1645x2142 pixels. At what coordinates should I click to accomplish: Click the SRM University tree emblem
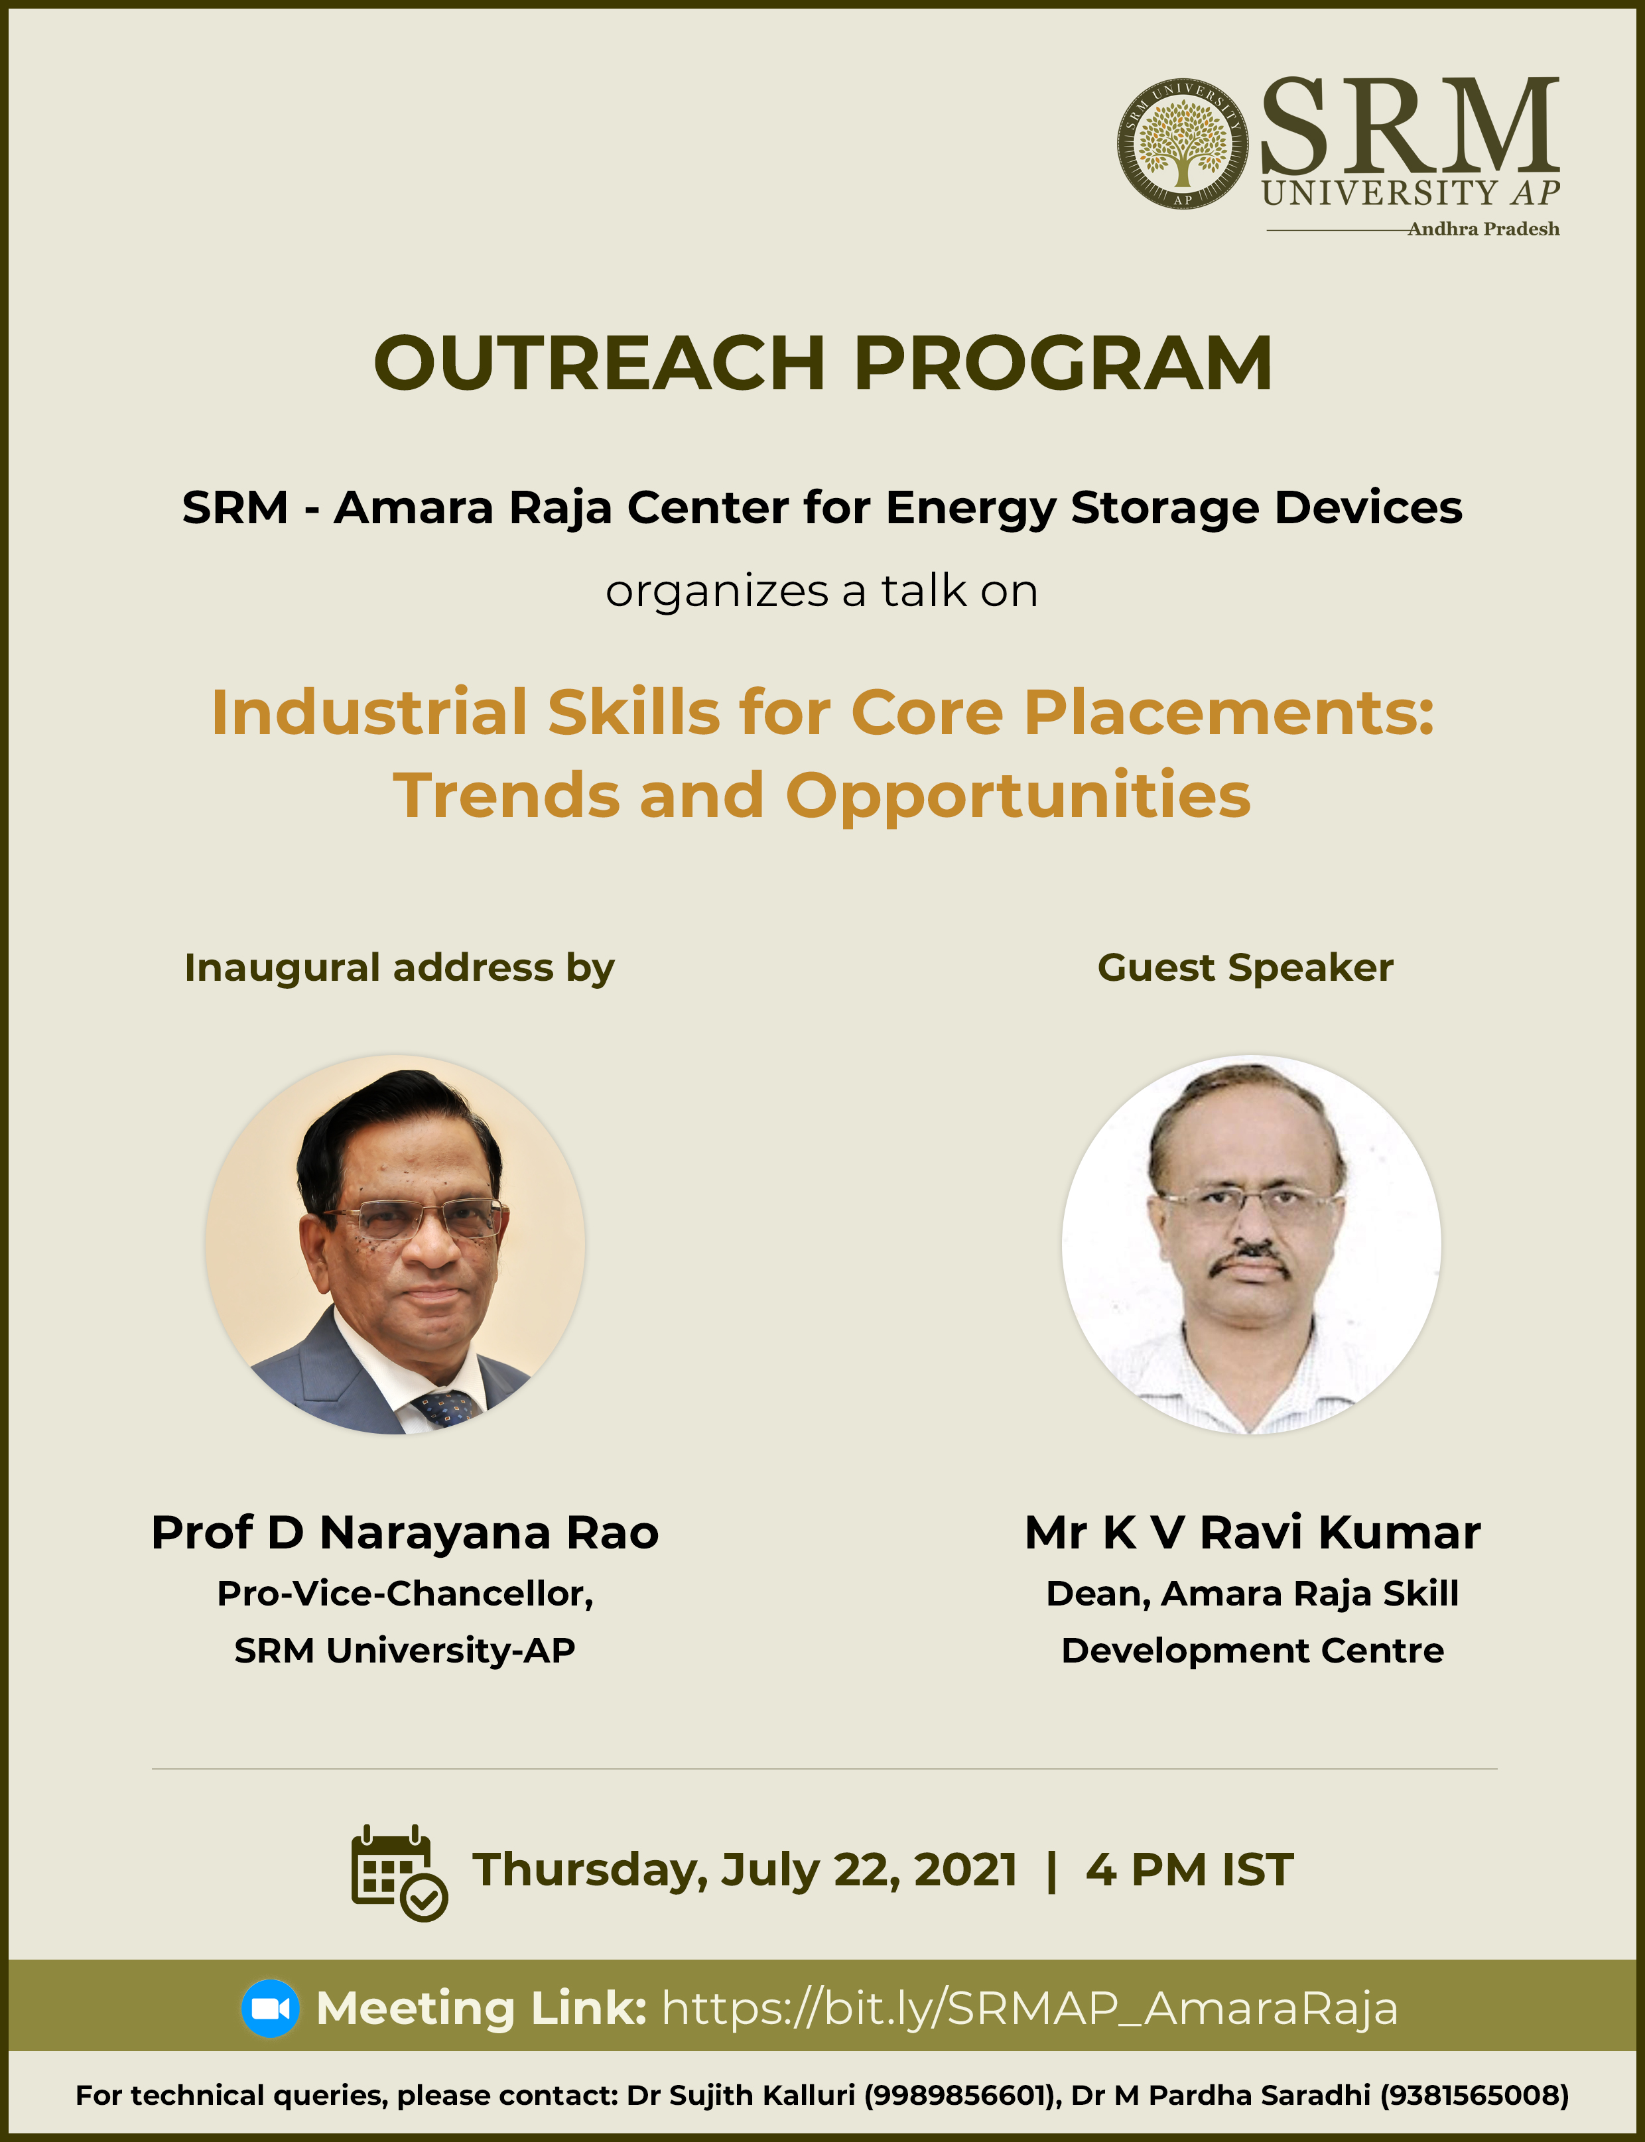click(x=1182, y=144)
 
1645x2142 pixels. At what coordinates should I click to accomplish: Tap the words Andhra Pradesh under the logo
click(x=1483, y=229)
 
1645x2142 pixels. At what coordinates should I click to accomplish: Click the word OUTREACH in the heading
click(x=599, y=363)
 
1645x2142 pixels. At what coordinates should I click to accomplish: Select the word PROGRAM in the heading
click(x=1063, y=363)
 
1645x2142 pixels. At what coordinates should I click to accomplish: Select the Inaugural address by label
click(x=399, y=968)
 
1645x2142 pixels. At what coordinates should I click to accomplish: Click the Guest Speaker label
click(x=1244, y=968)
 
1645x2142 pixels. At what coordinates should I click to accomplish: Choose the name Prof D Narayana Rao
click(x=405, y=1533)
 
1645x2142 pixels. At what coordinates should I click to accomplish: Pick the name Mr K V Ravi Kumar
click(x=1252, y=1533)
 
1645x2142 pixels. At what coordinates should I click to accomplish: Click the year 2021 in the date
click(x=966, y=1870)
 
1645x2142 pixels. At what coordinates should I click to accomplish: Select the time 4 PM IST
click(x=1189, y=1870)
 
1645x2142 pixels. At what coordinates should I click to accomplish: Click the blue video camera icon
click(x=270, y=2008)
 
